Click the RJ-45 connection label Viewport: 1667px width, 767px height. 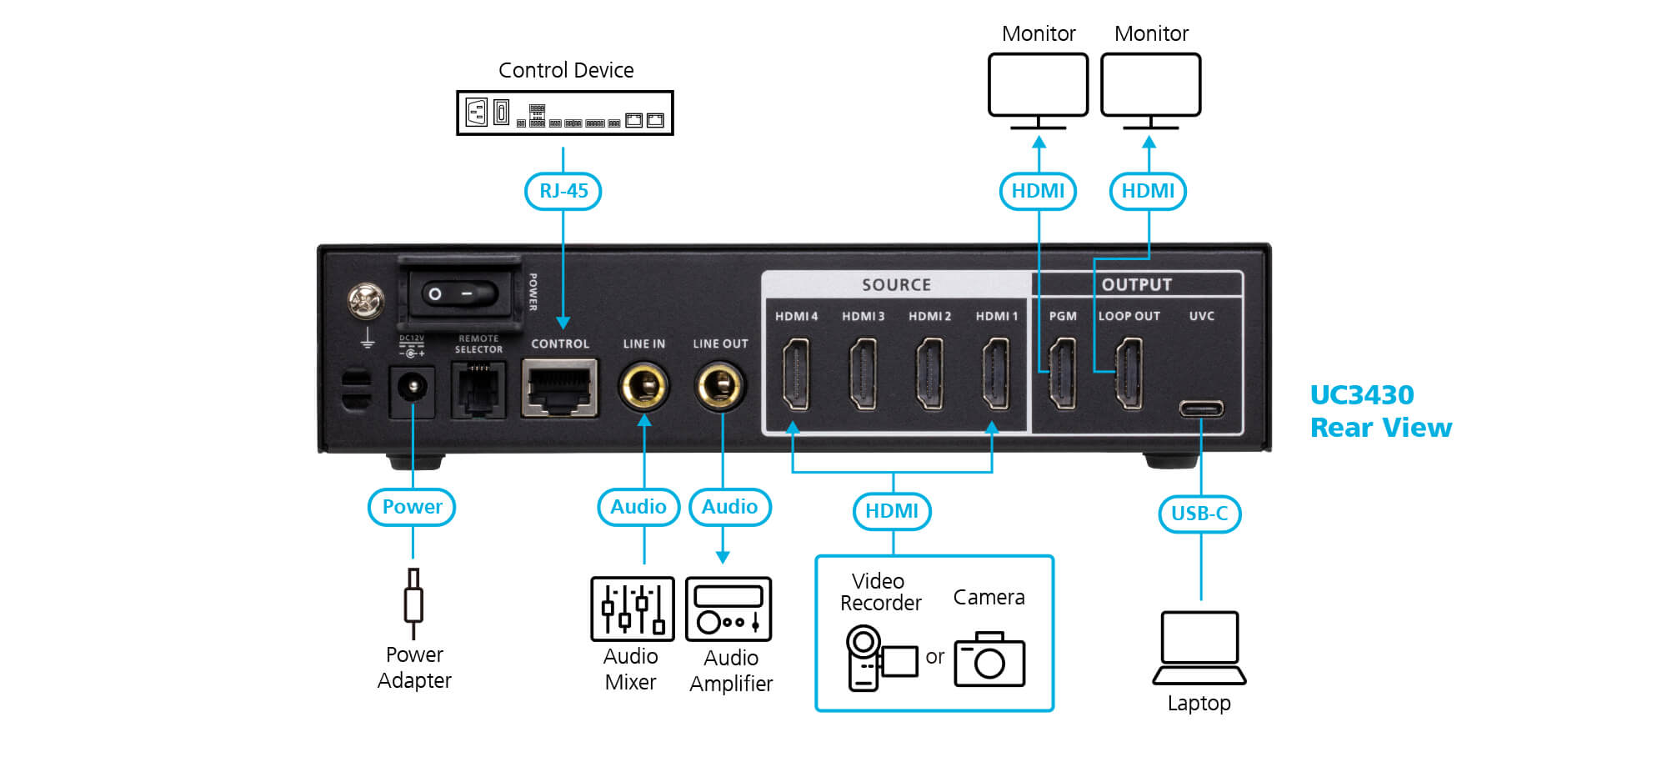[563, 191]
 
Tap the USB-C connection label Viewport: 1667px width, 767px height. [1199, 514]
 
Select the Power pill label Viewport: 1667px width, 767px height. [412, 507]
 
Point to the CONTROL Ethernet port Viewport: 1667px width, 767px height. [560, 388]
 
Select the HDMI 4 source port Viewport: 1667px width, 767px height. [796, 373]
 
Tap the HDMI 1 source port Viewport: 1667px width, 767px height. [996, 373]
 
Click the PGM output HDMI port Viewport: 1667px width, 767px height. [1062, 373]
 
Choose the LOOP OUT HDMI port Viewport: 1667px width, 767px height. [1129, 373]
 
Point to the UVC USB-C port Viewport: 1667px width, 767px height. [1201, 409]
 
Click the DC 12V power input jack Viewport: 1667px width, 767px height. [412, 389]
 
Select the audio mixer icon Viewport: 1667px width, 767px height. [633, 609]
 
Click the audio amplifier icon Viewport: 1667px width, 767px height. [728, 609]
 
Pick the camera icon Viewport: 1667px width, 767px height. [989, 659]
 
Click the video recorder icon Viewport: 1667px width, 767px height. [882, 658]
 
